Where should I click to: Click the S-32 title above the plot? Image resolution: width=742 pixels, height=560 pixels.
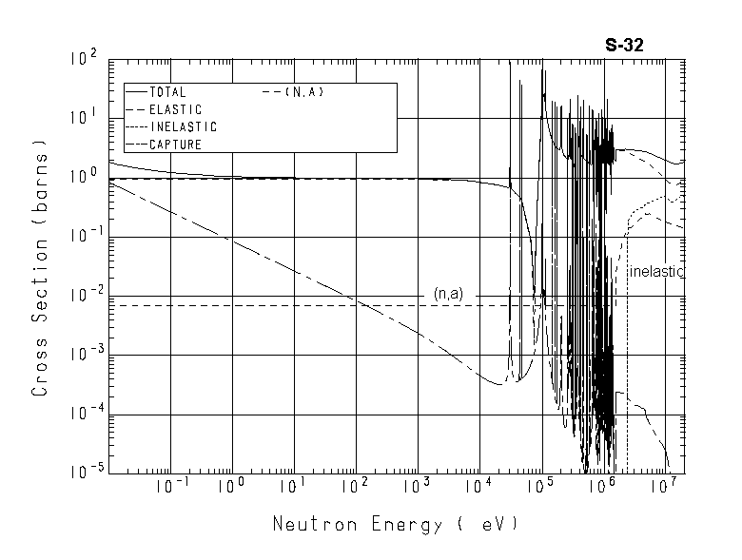[626, 44]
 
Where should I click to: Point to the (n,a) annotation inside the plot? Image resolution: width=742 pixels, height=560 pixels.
[447, 294]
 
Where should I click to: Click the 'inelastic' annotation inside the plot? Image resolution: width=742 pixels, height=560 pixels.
[657, 271]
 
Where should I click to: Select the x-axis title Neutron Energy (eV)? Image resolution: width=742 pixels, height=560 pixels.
[396, 525]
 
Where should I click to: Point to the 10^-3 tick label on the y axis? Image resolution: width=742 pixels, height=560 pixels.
[83, 354]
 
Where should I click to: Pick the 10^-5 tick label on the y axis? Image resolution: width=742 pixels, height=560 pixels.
[83, 473]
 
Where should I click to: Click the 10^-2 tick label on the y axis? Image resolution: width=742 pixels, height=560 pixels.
[83, 295]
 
